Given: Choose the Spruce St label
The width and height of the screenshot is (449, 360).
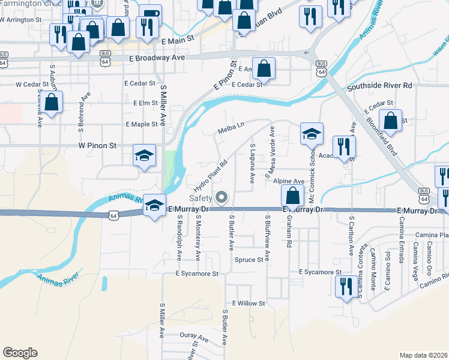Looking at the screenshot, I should [x=249, y=260].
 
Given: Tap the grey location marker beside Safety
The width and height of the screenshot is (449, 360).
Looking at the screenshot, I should [x=222, y=197].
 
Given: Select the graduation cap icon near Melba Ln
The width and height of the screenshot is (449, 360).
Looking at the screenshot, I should [x=312, y=134].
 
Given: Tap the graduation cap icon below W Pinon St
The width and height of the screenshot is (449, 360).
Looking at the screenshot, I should [x=144, y=155].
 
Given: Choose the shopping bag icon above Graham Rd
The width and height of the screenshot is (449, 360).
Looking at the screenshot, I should [x=292, y=195].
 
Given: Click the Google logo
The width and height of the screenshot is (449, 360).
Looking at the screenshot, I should [x=20, y=353].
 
